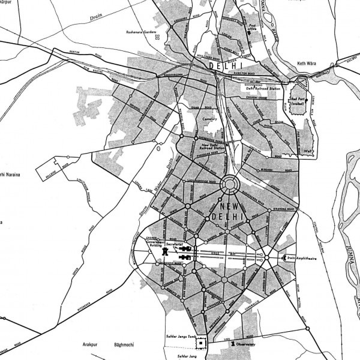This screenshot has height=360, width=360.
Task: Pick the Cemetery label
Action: coord(209,119)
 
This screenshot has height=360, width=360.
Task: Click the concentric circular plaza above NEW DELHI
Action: coord(229,184)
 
